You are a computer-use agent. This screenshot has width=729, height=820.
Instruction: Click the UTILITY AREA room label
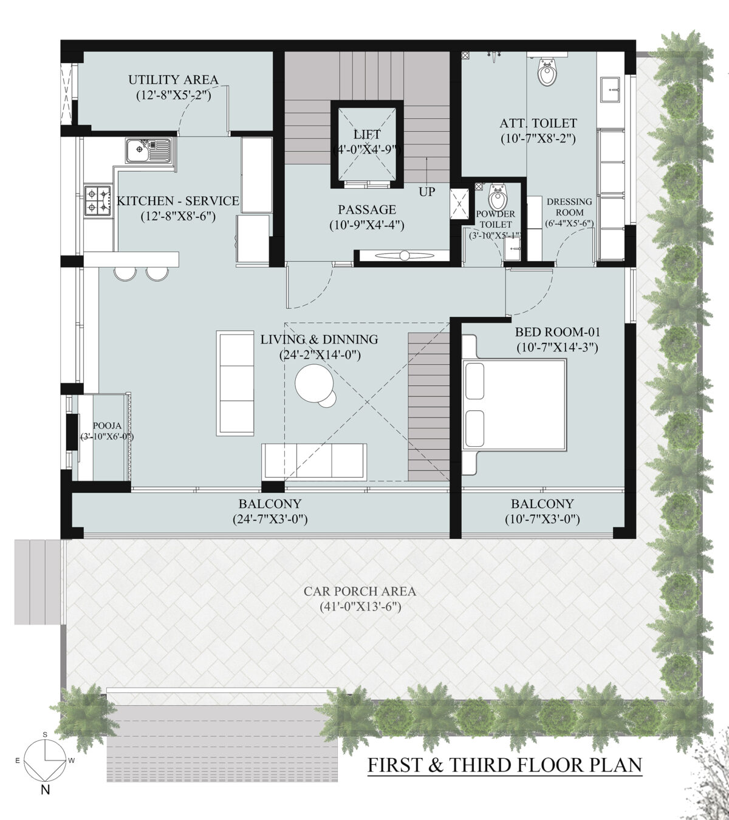click(x=173, y=80)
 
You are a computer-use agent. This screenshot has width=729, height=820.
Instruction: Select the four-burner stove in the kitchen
click(x=98, y=201)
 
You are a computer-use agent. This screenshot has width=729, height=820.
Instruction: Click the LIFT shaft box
click(x=367, y=143)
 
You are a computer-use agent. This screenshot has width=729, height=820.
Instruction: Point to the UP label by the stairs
click(x=426, y=192)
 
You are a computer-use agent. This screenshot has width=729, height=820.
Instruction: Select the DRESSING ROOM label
click(x=569, y=207)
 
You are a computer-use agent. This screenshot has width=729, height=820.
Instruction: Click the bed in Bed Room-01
click(x=514, y=405)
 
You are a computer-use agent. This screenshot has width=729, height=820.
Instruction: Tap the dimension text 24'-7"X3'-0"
click(x=270, y=520)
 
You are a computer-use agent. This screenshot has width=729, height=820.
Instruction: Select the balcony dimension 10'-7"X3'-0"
click(x=542, y=520)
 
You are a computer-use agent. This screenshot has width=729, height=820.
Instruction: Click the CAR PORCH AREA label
click(x=360, y=591)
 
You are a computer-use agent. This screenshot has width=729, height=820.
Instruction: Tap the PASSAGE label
click(x=367, y=210)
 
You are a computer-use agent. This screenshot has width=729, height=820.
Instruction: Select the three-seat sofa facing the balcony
click(x=314, y=461)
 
